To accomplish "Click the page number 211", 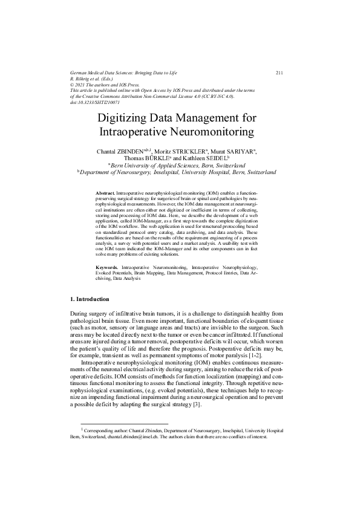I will point(280,73).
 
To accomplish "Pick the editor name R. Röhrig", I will point(85,79).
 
